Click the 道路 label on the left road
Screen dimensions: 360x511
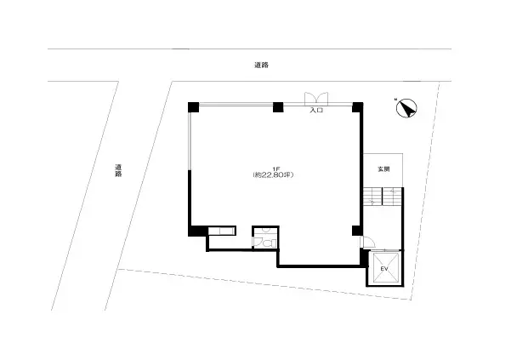pyautogui.click(x=118, y=170)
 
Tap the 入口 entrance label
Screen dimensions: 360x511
pyautogui.click(x=316, y=110)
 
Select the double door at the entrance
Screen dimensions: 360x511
pyautogui.click(x=316, y=97)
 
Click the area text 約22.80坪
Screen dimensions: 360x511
pyautogui.click(x=274, y=175)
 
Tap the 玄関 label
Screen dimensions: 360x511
pyautogui.click(x=384, y=169)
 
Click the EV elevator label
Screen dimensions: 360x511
pyautogui.click(x=384, y=270)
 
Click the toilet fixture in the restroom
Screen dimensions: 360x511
pyautogui.click(x=269, y=243)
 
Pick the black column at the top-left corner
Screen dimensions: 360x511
pyautogui.click(x=194, y=106)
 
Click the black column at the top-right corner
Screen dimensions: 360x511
pyautogui.click(x=358, y=107)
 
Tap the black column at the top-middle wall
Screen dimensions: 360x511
pyautogui.click(x=277, y=107)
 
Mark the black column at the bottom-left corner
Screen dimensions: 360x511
pyautogui.click(x=195, y=230)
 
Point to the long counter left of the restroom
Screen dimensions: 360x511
pyautogui.click(x=222, y=230)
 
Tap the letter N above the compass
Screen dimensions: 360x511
pyautogui.click(x=395, y=100)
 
